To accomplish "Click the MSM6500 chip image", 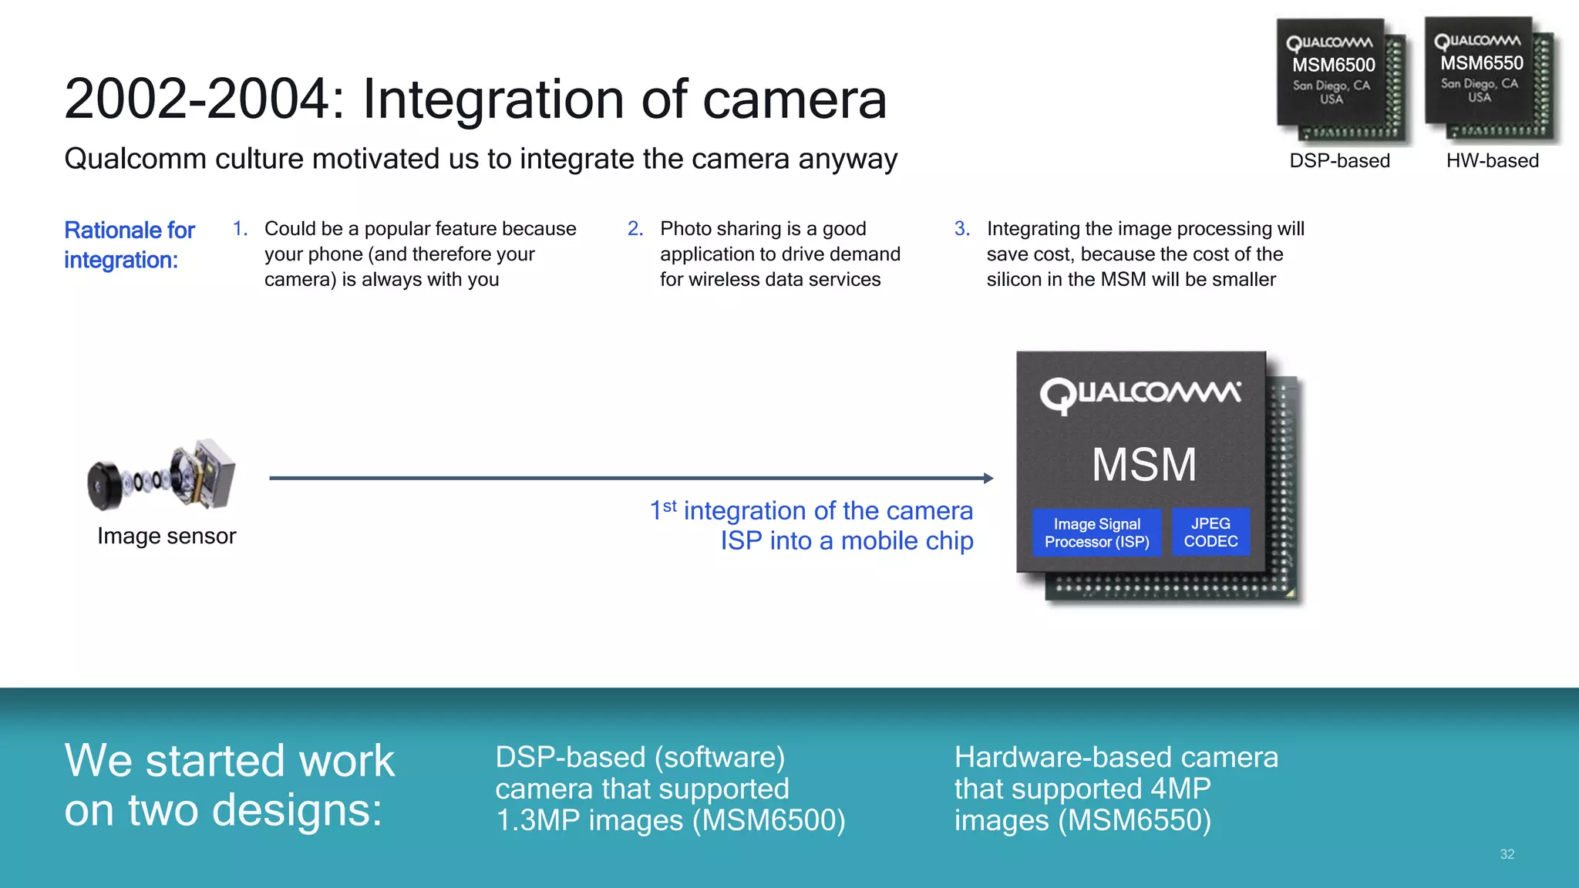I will (1340, 80).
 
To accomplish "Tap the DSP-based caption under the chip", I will (1339, 160).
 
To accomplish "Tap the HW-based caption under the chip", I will (1492, 160).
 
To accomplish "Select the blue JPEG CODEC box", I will (1210, 532).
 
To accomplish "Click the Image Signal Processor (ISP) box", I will (1096, 533).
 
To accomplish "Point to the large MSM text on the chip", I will (1143, 465).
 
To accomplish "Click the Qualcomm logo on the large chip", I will (1140, 394).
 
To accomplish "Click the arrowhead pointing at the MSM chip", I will (988, 478).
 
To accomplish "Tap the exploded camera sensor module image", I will (162, 476).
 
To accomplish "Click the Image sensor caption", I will (167, 536).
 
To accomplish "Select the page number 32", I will (1507, 854).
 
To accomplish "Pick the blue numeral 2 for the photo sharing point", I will (635, 229).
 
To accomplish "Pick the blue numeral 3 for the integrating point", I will (961, 229).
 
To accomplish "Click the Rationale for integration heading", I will (129, 244).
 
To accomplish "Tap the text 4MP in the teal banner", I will (1180, 789).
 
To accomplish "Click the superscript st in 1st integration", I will (669, 506).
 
